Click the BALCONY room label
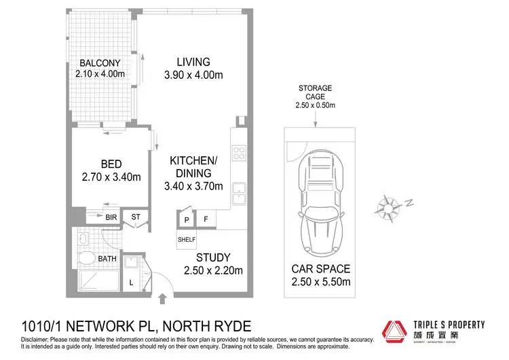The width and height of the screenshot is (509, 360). pyautogui.click(x=100, y=63)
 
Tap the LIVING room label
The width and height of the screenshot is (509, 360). pyautogui.click(x=193, y=62)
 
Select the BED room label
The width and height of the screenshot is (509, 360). pyautogui.click(x=111, y=164)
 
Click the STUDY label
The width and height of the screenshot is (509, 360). pyautogui.click(x=213, y=257)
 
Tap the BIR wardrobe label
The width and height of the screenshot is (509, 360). pyautogui.click(x=111, y=217)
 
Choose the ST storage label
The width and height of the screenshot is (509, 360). pyautogui.click(x=136, y=217)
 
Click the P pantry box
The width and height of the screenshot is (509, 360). pyautogui.click(x=185, y=220)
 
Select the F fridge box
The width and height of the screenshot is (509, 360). pyautogui.click(x=205, y=220)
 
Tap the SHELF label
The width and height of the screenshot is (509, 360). pyautogui.click(x=187, y=239)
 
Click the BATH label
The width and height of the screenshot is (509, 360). pyautogui.click(x=107, y=259)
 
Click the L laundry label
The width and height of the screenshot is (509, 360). pyautogui.click(x=131, y=281)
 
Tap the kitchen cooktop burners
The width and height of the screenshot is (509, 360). pyautogui.click(x=239, y=153)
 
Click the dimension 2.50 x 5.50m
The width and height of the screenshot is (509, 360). pyautogui.click(x=320, y=282)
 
